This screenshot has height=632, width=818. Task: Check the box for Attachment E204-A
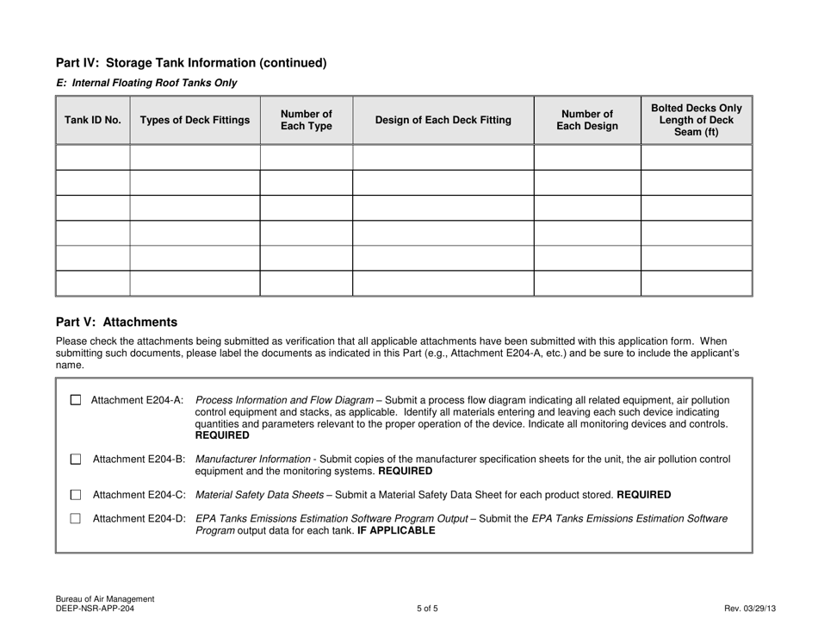[76, 400]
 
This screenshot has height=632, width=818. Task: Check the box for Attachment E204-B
[76, 460]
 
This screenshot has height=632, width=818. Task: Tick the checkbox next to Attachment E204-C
[76, 495]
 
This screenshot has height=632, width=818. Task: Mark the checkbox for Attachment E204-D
[76, 518]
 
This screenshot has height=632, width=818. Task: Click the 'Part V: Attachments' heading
[116, 322]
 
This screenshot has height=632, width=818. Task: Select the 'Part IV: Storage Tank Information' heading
[191, 63]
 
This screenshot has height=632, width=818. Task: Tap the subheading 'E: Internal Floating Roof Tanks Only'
[146, 83]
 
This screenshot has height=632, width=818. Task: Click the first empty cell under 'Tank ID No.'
[93, 158]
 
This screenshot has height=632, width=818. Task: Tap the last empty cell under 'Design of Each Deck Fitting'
[443, 284]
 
